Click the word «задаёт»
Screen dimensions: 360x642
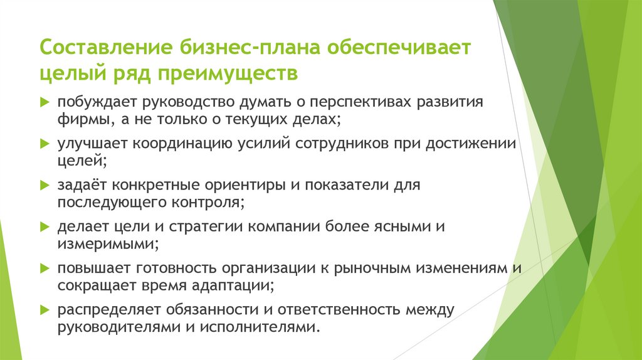[x=80, y=186]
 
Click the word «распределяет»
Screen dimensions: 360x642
[x=107, y=310]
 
